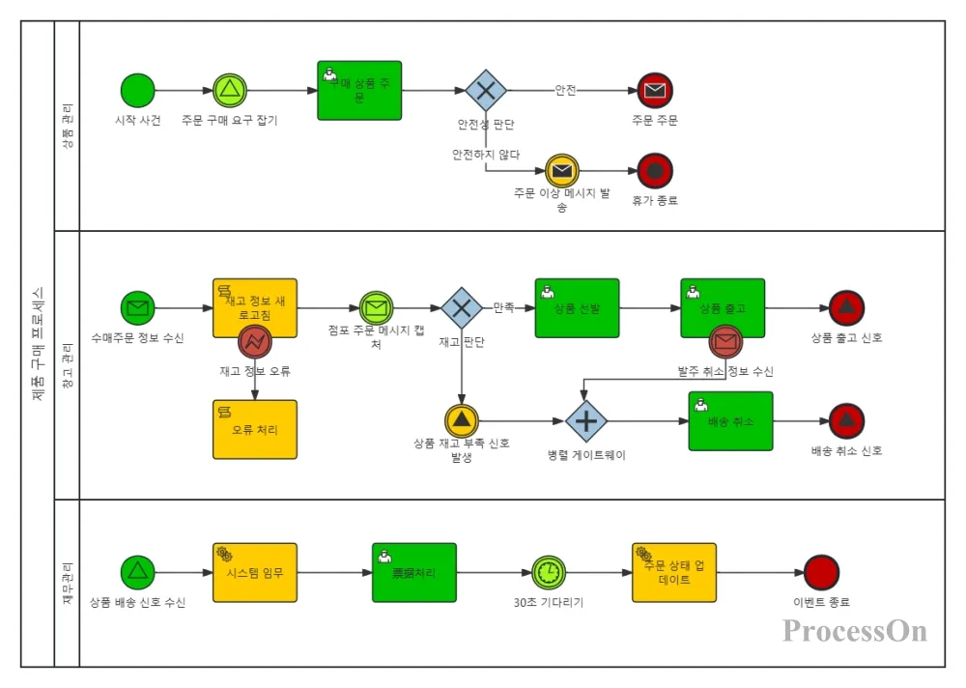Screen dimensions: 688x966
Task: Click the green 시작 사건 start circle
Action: (137, 91)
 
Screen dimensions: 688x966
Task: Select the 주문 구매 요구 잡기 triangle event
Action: (230, 91)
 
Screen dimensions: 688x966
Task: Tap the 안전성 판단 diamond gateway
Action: (486, 91)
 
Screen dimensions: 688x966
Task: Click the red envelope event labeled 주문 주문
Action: (655, 91)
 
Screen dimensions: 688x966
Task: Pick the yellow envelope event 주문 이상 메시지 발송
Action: (562, 172)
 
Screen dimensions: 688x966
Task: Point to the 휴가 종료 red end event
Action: (655, 172)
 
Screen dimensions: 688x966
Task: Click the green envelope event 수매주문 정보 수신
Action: (137, 309)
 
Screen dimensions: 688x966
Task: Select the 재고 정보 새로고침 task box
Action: (255, 303)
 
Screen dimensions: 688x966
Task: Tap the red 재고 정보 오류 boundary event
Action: (255, 340)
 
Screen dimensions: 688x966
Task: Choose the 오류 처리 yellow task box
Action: (255, 429)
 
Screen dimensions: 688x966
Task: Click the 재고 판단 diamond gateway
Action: (462, 309)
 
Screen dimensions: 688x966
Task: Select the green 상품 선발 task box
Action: (577, 308)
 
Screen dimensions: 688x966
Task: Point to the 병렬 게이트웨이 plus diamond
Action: (585, 421)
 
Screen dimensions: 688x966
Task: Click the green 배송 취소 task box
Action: (730, 421)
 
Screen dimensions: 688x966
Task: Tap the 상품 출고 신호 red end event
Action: (846, 309)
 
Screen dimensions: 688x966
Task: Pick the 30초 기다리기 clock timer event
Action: (548, 572)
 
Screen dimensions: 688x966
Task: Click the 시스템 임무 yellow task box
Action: (255, 572)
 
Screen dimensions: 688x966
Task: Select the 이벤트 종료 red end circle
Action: (821, 572)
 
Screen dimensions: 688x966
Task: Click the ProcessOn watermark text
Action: (855, 631)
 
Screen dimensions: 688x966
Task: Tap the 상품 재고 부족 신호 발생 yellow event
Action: (462, 421)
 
